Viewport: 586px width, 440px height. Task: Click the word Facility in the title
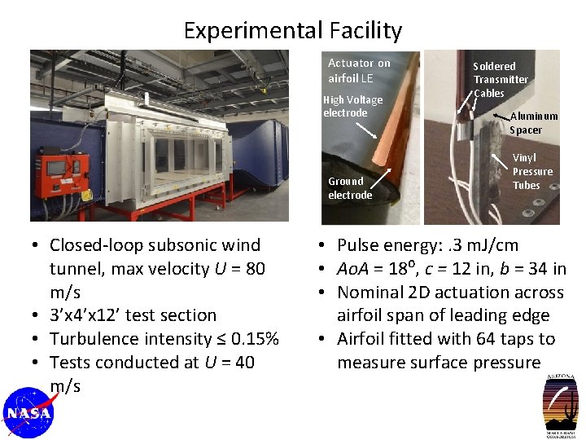[365, 31]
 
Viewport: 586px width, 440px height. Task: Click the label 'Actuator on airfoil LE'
[358, 70]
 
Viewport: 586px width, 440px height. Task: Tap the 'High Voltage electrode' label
[352, 106]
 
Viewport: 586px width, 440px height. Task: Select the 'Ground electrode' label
[349, 188]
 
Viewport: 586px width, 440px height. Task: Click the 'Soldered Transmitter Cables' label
[500, 79]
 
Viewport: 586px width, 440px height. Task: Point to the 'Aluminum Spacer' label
[533, 123]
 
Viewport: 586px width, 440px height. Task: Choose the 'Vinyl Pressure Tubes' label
[531, 172]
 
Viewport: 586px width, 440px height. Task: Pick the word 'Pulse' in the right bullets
[360, 245]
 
